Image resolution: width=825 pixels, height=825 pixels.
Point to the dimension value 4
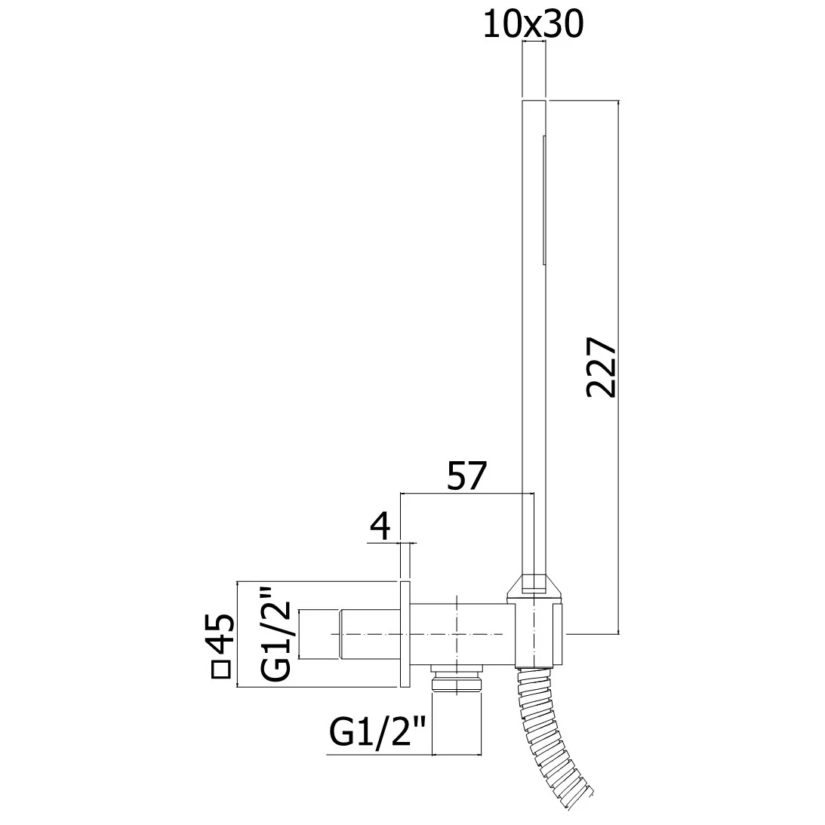click(x=381, y=525)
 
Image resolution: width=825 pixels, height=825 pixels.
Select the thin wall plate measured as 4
click(x=405, y=634)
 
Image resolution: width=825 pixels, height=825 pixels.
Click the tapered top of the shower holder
click(x=535, y=585)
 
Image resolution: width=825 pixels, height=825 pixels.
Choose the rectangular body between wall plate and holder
click(x=457, y=633)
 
